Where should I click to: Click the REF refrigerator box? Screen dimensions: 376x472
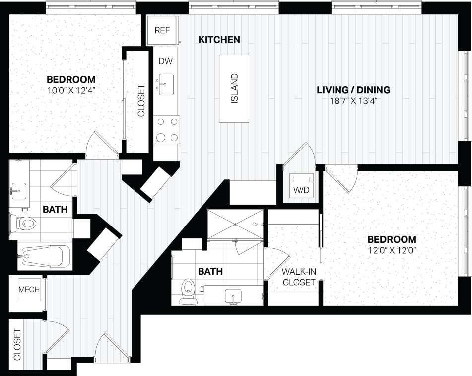(x=162, y=30)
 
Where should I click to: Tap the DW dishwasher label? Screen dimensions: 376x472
(x=166, y=61)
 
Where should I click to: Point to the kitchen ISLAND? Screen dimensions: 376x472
(x=234, y=88)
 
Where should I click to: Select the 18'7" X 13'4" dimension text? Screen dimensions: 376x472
(x=353, y=101)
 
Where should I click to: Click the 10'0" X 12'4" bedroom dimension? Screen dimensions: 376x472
(x=71, y=91)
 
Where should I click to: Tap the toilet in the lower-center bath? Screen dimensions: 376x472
(x=188, y=290)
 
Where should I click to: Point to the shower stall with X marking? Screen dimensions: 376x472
(x=235, y=225)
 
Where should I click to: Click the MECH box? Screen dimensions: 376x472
(x=29, y=290)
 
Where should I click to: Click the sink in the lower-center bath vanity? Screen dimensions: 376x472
(x=233, y=296)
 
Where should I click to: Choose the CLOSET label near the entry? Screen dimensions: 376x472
(x=16, y=344)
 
